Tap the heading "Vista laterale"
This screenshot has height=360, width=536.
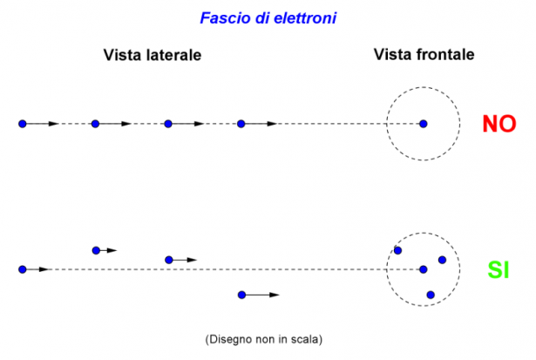tap(153, 55)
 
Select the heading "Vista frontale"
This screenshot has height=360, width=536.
tap(424, 54)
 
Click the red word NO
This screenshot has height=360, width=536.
tap(499, 124)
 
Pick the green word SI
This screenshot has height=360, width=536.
tap(498, 271)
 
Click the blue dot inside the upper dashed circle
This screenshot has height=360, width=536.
tap(424, 124)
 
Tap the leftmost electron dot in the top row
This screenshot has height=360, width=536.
tap(22, 124)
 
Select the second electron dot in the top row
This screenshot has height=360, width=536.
tap(95, 124)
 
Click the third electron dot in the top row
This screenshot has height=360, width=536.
tap(168, 124)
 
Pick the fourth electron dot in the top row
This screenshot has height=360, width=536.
tap(241, 124)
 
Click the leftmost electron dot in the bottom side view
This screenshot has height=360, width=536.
tap(22, 269)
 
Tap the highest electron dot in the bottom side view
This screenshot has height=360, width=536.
tap(96, 250)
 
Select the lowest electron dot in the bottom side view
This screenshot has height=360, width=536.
tap(241, 295)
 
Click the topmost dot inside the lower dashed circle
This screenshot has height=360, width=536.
tap(398, 250)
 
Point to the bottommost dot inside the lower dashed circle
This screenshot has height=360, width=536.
tap(430, 295)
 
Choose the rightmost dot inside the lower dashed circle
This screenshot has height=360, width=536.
tap(442, 260)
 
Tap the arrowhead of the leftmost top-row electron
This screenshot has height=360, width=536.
tap(54, 124)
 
